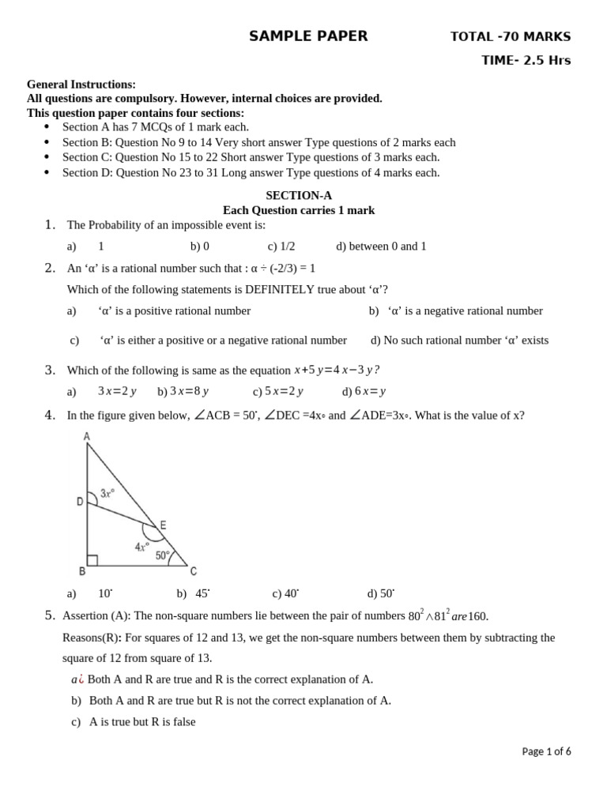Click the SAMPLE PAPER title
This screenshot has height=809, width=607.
[x=308, y=36]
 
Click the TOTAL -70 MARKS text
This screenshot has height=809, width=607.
[x=510, y=36]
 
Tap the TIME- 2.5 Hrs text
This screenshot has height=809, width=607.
[x=526, y=61]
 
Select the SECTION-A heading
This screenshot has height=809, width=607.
[x=298, y=195]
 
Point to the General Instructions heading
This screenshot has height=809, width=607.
[x=81, y=85]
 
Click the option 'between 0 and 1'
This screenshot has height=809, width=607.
[x=381, y=246]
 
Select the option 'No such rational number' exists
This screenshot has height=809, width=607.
[x=459, y=341]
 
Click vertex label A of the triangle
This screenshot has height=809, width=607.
[x=85, y=436]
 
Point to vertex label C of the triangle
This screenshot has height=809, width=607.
[x=194, y=571]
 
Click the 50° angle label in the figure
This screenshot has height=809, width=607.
[x=162, y=556]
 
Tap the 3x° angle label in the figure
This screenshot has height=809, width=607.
[x=108, y=494]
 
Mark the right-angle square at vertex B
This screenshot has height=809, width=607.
[x=92, y=560]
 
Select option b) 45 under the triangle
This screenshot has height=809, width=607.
[x=194, y=593]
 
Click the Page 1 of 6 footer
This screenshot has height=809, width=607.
[x=546, y=751]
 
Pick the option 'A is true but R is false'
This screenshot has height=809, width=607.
[x=134, y=721]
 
